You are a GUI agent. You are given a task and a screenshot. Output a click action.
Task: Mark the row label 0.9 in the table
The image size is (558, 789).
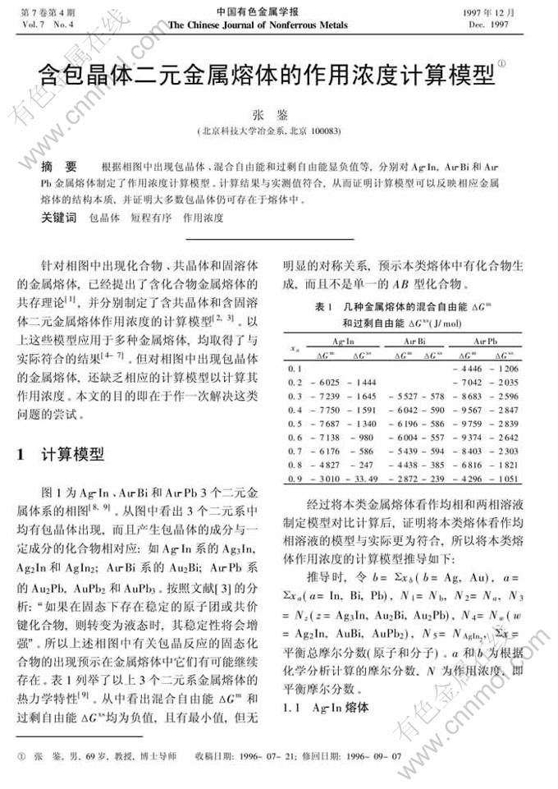(296, 478)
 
